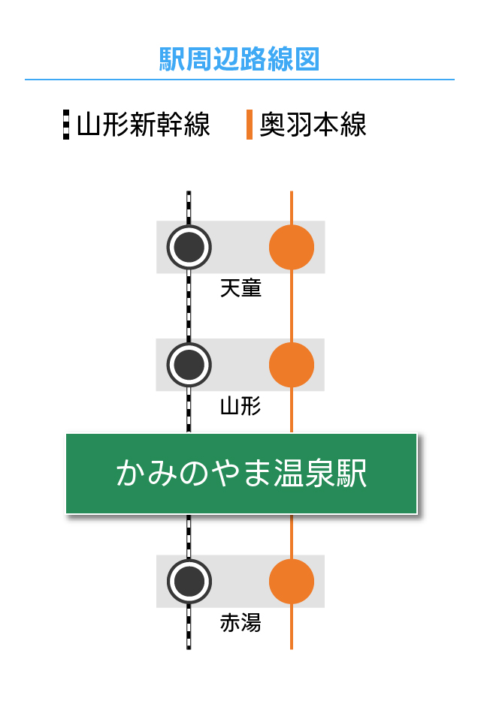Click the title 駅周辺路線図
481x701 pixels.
pos(240,59)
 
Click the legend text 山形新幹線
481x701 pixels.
pos(144,125)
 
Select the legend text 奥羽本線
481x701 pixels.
pos(313,125)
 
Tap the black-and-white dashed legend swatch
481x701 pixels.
pos(66,125)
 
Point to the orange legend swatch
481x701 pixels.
pos(250,125)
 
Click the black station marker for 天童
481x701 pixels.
pos(189,247)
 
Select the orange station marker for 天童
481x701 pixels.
pos(292,247)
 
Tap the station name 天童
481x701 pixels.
pos(240,288)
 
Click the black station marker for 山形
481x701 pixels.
pos(189,365)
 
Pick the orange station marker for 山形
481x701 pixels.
pos(292,365)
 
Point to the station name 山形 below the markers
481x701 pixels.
pos(240,406)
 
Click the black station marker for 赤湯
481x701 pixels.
pos(189,581)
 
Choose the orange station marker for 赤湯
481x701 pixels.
pos(292,581)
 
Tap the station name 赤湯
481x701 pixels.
pos(240,622)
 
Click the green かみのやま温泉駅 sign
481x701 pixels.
pos(241,474)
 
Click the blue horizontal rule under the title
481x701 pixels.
pos(240,80)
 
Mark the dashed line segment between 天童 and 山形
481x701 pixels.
pos(189,306)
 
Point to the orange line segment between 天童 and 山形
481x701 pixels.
pos(292,306)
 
